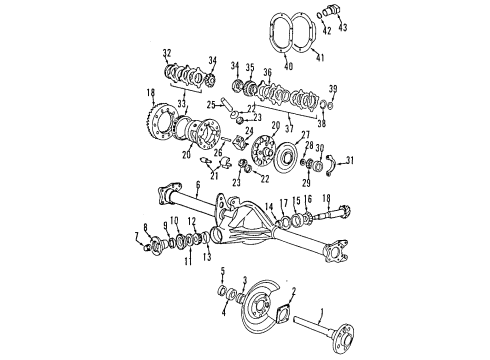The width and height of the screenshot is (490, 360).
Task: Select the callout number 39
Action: tap(332, 89)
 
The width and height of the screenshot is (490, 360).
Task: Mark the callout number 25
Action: tap(212, 104)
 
